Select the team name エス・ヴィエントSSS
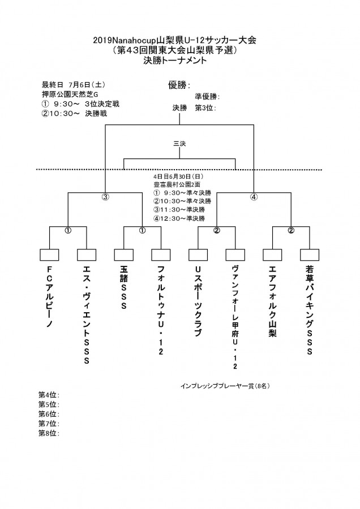coord(87,315)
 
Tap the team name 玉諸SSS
coord(124,288)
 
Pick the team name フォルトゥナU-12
coord(161,310)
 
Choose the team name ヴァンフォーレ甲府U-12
coord(235,317)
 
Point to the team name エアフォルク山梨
coord(273,301)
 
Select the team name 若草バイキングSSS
coord(310,310)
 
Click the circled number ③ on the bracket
coord(105,196)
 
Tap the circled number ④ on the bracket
coord(254,196)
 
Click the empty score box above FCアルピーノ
coord(49,255)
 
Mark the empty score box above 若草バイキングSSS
coord(310,255)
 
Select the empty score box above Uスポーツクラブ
coord(198,255)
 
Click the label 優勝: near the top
coord(179,85)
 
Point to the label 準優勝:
coord(207,96)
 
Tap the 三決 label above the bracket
coord(179,144)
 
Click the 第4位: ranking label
coord(49,395)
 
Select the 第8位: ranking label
coord(49,433)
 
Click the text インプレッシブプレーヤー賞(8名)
coord(225,386)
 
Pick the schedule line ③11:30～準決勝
coord(179,210)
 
